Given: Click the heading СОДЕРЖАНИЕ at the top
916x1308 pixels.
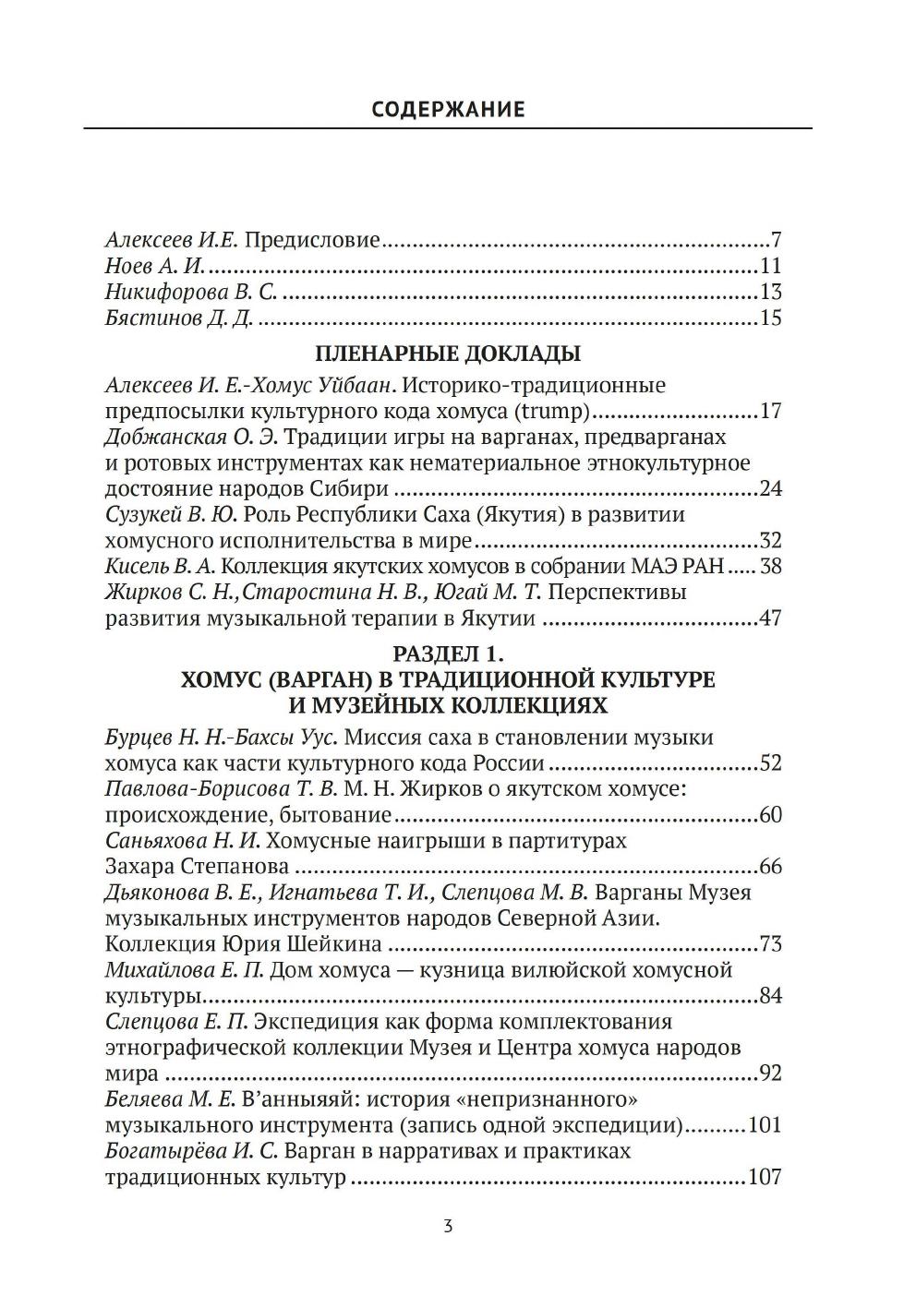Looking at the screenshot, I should point(448,110).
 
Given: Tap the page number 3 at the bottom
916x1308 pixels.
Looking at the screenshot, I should point(448,1227).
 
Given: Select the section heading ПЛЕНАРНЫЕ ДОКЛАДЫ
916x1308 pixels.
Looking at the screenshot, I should point(448,354).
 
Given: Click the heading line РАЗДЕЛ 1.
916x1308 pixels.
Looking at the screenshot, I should point(448,654).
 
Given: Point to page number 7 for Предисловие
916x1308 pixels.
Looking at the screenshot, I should point(777,242).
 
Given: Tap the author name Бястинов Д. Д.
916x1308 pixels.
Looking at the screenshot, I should point(180,319).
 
